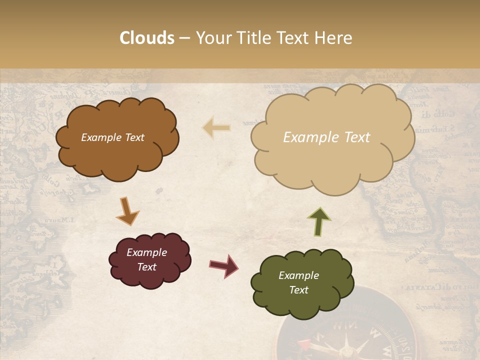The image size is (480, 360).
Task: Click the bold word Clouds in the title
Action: [x=147, y=38]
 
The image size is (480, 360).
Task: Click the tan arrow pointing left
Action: [x=216, y=127]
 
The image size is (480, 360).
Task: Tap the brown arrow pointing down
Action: [x=127, y=210]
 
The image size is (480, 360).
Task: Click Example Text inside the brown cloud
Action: [x=112, y=137]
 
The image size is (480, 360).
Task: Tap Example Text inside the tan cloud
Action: [x=326, y=137]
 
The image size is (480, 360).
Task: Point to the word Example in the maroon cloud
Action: [x=146, y=252]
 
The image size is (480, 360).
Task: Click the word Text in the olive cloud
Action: [x=298, y=290]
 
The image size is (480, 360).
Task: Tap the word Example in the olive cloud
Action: [x=298, y=275]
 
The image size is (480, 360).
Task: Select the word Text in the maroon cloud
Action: [x=146, y=267]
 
